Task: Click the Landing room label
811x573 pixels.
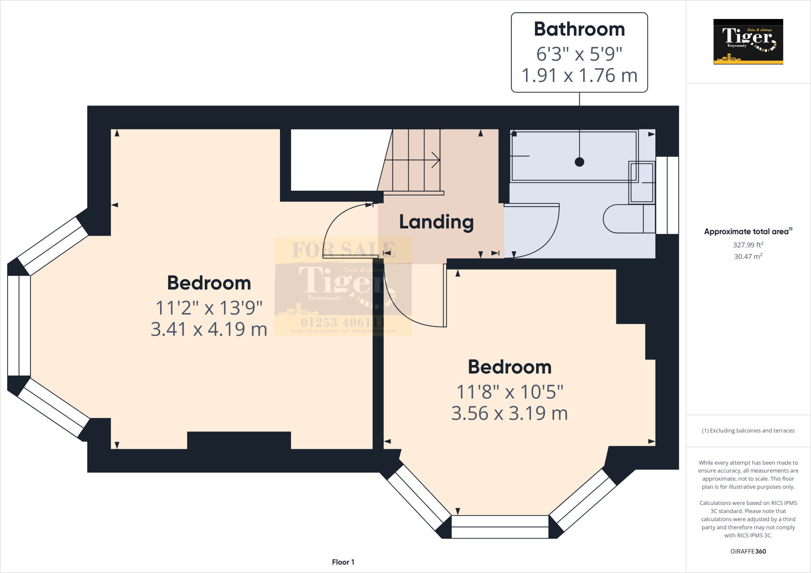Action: pyautogui.click(x=436, y=222)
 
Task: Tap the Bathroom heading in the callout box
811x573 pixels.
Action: pyautogui.click(x=579, y=29)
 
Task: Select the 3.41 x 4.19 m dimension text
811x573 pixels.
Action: pyautogui.click(x=209, y=329)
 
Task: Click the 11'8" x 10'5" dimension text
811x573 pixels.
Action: pyautogui.click(x=510, y=392)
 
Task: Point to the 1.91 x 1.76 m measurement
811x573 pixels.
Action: pyautogui.click(x=579, y=76)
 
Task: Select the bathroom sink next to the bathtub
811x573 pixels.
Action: pyautogui.click(x=642, y=182)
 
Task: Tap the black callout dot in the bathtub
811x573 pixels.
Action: pyautogui.click(x=579, y=162)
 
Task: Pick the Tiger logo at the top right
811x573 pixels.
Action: pyautogui.click(x=748, y=42)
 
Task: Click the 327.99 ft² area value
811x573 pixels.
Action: pyautogui.click(x=748, y=245)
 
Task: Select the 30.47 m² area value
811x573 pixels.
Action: pyautogui.click(x=748, y=256)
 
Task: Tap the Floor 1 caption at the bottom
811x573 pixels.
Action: pyautogui.click(x=343, y=562)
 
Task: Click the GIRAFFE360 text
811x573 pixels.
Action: pyautogui.click(x=748, y=551)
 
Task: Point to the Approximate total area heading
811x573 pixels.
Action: pyautogui.click(x=748, y=231)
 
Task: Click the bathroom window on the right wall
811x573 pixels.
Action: pyautogui.click(x=667, y=195)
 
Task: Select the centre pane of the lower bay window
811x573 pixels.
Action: pyautogui.click(x=500, y=527)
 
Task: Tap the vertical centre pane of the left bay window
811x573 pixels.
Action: pyautogui.click(x=19, y=325)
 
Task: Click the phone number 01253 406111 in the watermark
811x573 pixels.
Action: pyautogui.click(x=342, y=322)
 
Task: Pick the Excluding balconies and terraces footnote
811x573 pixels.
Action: pyautogui.click(x=748, y=431)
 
